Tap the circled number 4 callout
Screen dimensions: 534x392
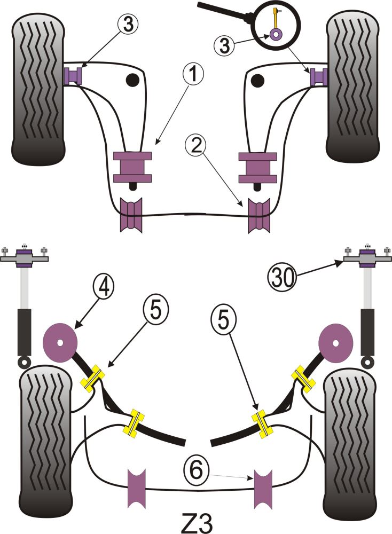[102, 286]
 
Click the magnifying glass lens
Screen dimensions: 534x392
[277, 23]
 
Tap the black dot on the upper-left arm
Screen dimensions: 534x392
[131, 81]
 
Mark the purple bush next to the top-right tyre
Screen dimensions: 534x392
[319, 76]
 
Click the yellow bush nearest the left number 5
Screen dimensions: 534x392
[93, 376]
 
